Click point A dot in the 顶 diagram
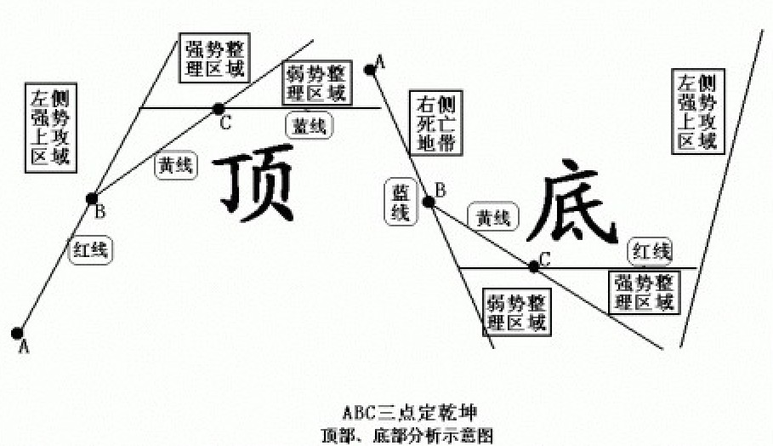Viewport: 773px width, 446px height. click(x=17, y=333)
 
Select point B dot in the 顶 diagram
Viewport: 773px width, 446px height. click(x=93, y=198)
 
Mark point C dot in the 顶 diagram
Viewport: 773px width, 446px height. click(x=219, y=108)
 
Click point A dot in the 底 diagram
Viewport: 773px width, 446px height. click(x=371, y=68)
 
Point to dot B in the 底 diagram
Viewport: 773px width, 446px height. click(x=429, y=202)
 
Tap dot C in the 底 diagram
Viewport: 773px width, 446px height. click(x=533, y=266)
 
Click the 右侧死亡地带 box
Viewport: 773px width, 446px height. click(x=436, y=124)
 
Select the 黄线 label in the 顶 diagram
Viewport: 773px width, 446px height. click(x=175, y=167)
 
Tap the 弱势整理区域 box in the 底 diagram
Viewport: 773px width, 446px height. click(x=515, y=312)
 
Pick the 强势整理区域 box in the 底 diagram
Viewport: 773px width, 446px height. click(x=645, y=291)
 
